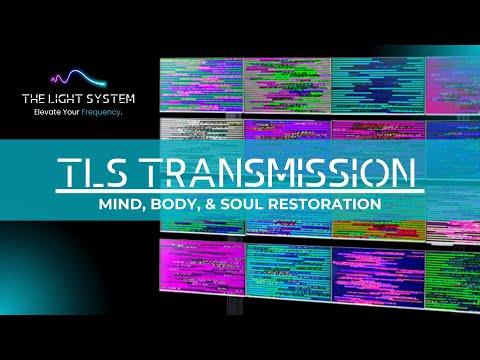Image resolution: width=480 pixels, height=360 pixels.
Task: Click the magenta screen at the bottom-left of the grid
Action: click(x=201, y=270)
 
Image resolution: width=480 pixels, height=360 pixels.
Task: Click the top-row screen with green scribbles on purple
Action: click(x=285, y=82)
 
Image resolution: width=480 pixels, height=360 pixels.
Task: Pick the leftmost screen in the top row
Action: click(x=200, y=83)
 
